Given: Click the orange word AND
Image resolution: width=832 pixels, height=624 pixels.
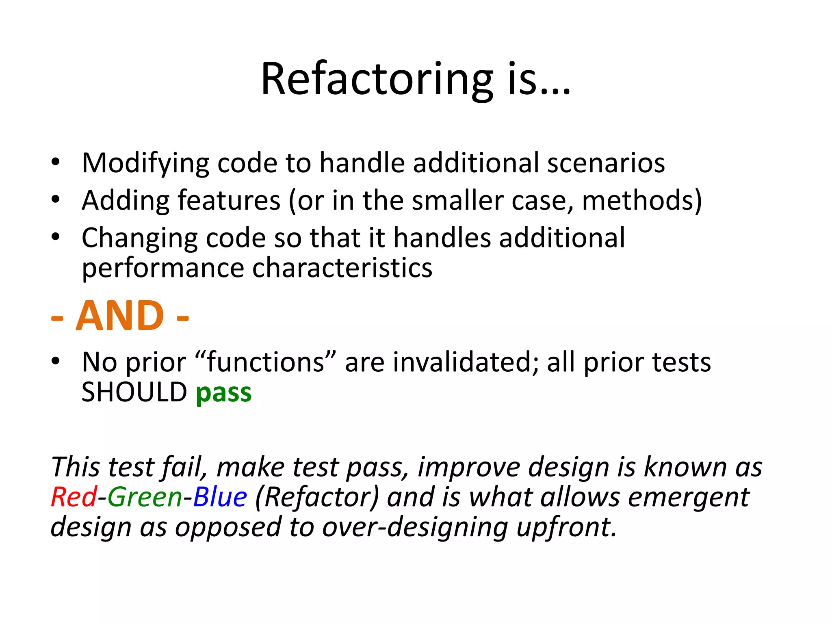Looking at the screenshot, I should pos(120,316).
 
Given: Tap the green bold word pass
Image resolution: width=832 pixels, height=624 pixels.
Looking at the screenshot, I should pos(223,393).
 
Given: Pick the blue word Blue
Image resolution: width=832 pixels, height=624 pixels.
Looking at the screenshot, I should pos(220,497).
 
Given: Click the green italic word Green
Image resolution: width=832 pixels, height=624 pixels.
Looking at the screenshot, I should pos(145,497).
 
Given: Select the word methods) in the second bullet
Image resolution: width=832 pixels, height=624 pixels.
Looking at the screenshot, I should pos(641,201).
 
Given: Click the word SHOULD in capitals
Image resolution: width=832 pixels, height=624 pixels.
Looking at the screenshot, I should pos(134,393).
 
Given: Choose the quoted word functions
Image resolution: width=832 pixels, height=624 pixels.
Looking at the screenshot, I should pos(266,362).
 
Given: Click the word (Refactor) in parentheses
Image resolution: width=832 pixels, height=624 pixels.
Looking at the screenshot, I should pos(317,497).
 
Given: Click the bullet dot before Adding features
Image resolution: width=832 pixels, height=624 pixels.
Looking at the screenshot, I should pos(56,199).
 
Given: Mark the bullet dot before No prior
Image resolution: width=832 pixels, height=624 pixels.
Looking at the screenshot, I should pos(56,361).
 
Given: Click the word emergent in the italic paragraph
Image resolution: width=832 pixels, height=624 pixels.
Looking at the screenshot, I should pos(688,497).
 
